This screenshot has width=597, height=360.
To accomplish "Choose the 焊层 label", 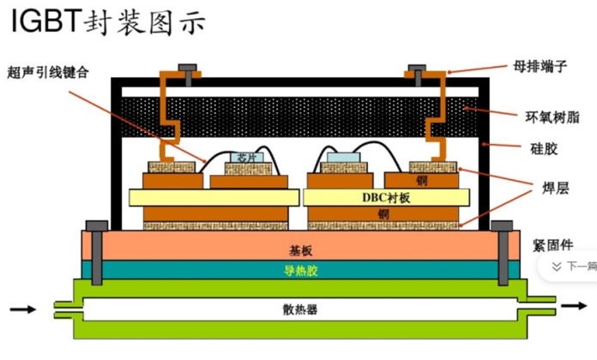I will pos(546,184).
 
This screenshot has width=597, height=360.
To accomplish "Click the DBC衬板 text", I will pos(387,197).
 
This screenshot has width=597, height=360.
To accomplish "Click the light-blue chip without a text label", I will pos(341,158).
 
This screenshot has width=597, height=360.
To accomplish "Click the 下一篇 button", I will pos(571,266).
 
